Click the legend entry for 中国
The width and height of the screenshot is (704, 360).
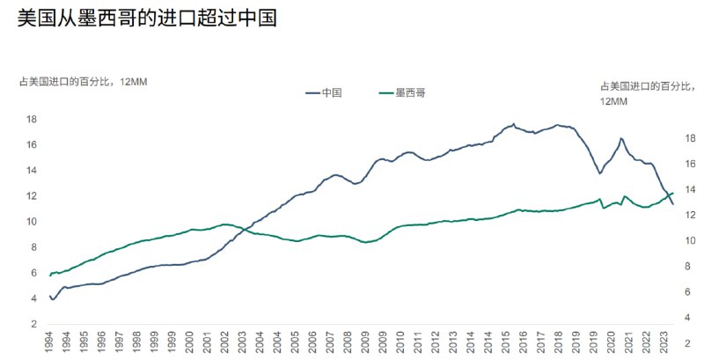[332, 92]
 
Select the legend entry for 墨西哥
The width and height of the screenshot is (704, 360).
[410, 92]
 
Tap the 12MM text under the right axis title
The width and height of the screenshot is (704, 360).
[613, 101]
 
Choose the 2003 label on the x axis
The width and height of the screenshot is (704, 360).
[242, 343]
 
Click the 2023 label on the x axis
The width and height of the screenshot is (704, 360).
[664, 343]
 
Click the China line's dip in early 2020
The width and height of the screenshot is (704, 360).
[600, 173]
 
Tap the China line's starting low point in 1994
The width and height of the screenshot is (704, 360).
[53, 300]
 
